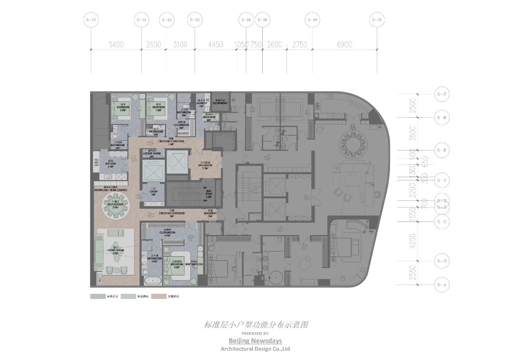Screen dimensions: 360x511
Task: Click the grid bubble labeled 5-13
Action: coord(195,20)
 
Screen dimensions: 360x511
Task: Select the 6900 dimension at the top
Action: coord(345,45)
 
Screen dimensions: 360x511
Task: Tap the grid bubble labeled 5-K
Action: coord(442,150)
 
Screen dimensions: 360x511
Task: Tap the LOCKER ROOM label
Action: coord(152,153)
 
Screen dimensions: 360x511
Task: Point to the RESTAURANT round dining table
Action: coord(116,207)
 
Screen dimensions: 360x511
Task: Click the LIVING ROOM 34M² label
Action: coord(115,251)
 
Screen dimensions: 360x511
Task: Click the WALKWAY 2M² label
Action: coord(210,214)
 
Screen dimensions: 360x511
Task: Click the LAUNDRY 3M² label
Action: coord(202,104)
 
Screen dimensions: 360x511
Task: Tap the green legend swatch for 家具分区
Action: coord(97,297)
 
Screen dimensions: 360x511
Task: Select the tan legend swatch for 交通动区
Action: coord(158,297)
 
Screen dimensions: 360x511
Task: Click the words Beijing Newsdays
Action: coord(255,340)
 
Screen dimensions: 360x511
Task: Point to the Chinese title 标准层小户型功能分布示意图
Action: coord(256,324)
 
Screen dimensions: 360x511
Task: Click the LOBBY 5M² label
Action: coord(154,192)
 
